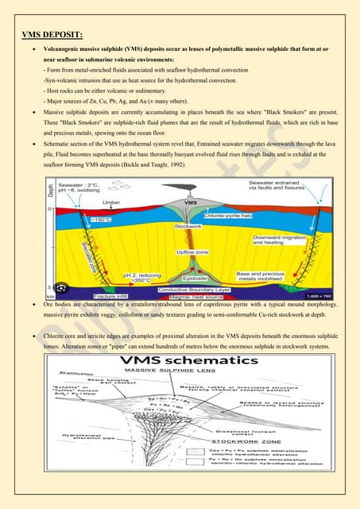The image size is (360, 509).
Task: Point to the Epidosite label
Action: pyautogui.click(x=192, y=279)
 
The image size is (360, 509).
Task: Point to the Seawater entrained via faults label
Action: pyautogui.click(x=283, y=188)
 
